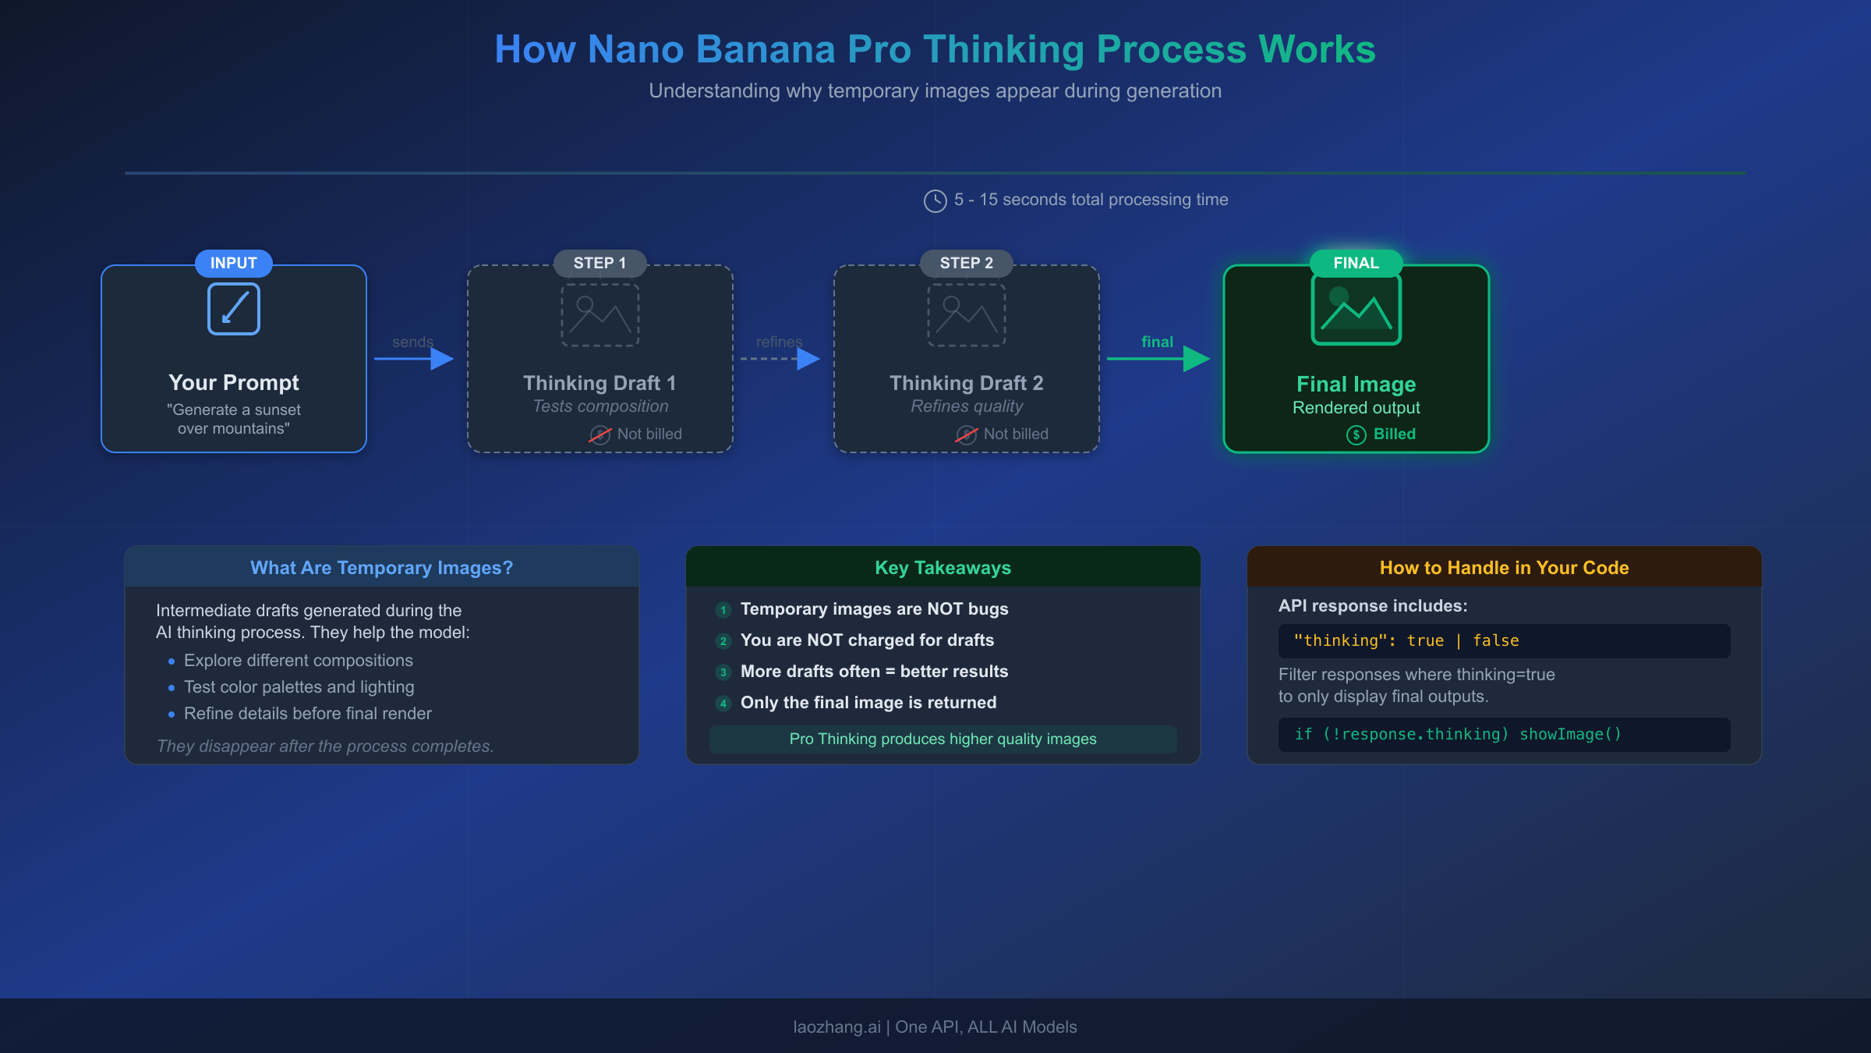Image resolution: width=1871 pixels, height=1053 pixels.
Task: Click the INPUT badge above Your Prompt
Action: point(233,263)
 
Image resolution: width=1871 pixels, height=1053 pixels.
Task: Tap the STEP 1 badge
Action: point(599,263)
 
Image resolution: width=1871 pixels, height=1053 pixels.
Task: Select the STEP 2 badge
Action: point(966,263)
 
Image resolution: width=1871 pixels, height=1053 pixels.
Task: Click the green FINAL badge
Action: point(1356,263)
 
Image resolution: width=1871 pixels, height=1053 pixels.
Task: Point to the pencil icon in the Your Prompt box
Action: point(234,309)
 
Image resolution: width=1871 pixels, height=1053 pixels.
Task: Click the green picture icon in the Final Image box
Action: point(1356,310)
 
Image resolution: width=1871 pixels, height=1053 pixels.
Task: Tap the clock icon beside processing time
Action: point(935,200)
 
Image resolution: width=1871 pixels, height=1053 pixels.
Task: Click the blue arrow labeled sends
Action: point(414,359)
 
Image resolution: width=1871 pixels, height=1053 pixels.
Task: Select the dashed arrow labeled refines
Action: point(780,359)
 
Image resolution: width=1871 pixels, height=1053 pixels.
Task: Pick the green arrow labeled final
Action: point(1158,359)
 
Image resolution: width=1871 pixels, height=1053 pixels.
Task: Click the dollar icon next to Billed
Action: point(1356,434)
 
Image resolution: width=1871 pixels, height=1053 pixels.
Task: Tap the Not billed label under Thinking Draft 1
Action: point(649,434)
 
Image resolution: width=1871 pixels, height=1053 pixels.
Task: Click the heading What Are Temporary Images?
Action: point(381,568)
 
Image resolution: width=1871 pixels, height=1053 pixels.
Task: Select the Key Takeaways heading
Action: point(943,568)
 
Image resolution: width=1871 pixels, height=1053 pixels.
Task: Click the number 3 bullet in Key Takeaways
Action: point(723,672)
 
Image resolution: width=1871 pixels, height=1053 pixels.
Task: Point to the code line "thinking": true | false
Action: point(1406,641)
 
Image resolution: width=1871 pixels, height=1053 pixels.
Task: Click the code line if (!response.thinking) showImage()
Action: point(1458,735)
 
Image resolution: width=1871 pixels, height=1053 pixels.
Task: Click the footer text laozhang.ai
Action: point(836,1027)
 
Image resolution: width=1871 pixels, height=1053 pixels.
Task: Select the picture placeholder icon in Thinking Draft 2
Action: point(966,314)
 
